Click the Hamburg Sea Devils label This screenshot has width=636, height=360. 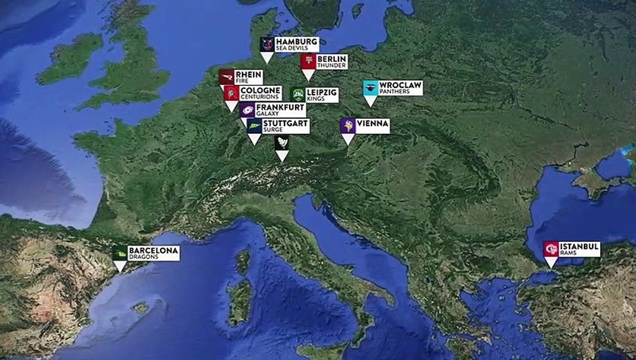296,44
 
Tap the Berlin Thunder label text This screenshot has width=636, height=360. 331,61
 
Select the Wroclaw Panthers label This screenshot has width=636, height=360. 400,88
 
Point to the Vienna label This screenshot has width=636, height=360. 372,125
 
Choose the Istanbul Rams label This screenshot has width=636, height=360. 579,249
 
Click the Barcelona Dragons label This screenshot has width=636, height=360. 153,253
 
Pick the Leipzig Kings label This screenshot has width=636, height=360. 321,95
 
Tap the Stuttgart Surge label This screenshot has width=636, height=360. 285,126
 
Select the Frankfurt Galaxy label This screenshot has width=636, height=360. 280,110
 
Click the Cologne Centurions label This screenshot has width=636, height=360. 260,93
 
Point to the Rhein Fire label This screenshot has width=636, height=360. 248,77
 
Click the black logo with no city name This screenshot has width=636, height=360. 282,142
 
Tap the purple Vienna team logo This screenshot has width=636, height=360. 347,125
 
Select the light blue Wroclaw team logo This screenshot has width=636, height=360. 370,88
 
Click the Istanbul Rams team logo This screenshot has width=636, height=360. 551,249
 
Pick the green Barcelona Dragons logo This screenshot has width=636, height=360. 119,253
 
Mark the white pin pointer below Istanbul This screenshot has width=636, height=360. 551,262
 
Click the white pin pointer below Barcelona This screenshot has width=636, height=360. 119,266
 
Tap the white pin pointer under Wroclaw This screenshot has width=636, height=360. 370,101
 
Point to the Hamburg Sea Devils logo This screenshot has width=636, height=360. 267,44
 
